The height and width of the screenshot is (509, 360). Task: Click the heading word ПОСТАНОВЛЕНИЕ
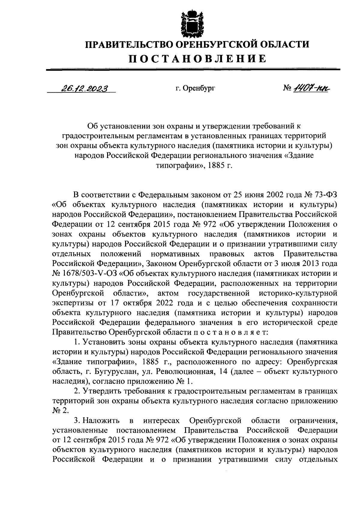(x=197, y=58)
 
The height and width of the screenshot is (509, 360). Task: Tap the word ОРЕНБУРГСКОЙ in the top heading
(x=215, y=45)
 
